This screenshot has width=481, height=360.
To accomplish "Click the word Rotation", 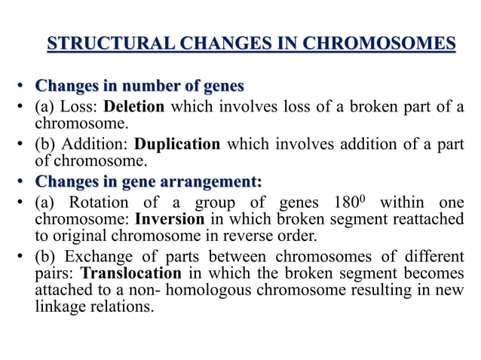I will (96, 203).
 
